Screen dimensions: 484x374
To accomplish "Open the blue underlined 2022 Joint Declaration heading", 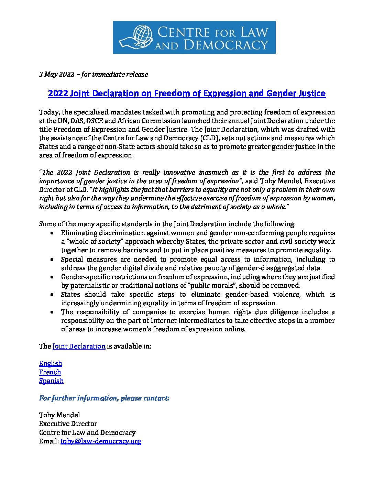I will click(187, 93).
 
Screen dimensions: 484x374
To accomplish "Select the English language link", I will click(51, 363).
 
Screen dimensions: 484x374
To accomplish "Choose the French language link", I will click(50, 372).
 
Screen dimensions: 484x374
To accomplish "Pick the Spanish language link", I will click(51, 381).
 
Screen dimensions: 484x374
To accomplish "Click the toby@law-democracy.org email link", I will click(101, 441).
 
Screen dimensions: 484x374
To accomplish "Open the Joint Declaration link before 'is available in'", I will click(79, 346).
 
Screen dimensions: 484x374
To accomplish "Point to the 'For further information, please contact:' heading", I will click(104, 398).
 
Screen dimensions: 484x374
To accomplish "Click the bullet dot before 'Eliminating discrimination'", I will click(52, 233).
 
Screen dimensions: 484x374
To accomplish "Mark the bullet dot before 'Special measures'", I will click(52, 260).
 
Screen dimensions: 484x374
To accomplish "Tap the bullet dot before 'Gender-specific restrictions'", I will click(52, 277).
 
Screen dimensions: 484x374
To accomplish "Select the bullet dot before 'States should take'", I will click(52, 295).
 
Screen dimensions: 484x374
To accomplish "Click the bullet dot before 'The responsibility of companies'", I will click(52, 312).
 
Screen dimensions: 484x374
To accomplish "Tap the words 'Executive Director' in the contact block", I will click(68, 424).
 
